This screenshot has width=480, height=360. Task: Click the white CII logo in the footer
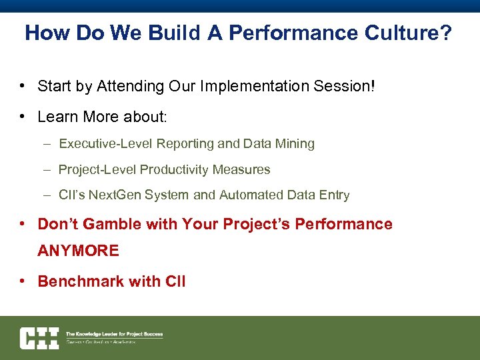[x=39, y=338]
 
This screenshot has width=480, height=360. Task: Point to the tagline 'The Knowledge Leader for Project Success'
[x=114, y=334]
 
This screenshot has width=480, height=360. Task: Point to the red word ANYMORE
[x=78, y=251]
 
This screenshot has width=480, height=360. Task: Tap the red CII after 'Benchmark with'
[x=175, y=281]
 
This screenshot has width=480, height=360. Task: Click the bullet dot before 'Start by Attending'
[x=23, y=86]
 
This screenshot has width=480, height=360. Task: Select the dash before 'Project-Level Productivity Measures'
[x=47, y=169]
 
